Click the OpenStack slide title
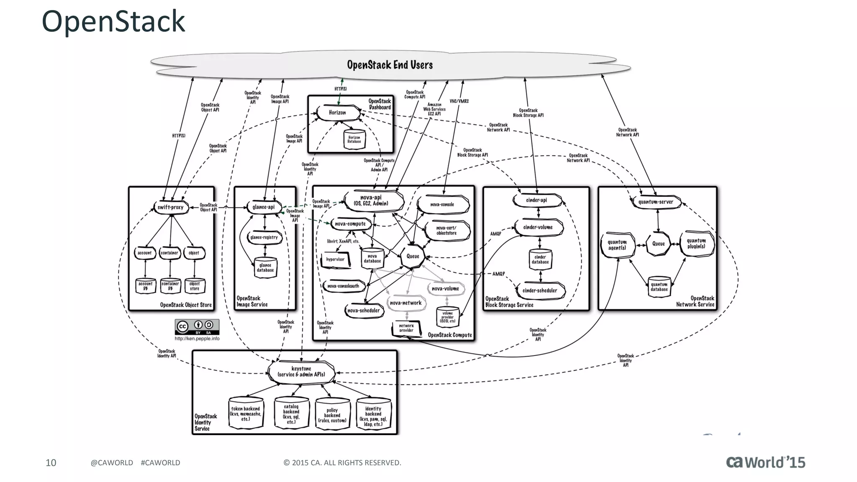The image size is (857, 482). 113,21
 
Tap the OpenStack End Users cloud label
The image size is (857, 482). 390,65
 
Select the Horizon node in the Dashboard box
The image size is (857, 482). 338,113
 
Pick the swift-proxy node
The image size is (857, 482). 170,207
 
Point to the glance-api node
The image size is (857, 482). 264,207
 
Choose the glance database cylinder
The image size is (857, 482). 265,267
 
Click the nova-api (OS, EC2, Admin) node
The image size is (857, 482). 371,200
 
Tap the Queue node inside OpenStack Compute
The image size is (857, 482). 413,256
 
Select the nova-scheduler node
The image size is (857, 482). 364,310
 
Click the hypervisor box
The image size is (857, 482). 335,259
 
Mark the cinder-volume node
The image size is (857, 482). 538,227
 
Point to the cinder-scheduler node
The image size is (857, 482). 540,290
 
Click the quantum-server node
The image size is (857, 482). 656,202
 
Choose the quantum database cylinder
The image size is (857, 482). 659,287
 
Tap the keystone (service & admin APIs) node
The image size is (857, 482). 301,372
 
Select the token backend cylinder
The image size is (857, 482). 246,413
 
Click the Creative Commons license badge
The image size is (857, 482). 197,326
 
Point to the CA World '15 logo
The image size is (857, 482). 765,462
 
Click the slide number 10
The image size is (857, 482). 51,462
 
